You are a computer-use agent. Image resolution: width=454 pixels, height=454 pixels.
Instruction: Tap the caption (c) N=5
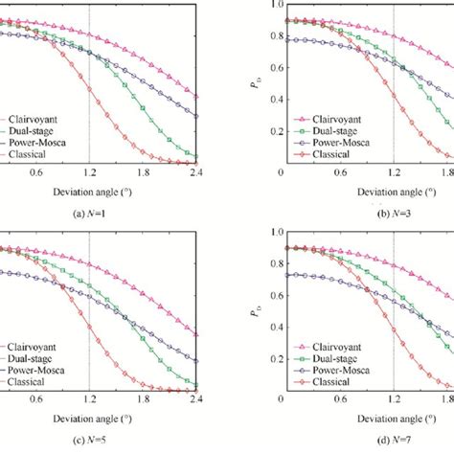(x=87, y=440)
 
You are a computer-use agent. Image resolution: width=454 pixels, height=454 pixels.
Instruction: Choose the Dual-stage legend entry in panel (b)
(x=330, y=125)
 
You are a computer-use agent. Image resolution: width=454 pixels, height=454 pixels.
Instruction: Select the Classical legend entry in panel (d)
(x=327, y=381)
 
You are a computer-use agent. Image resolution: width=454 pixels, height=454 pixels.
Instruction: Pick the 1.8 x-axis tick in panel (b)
(x=447, y=172)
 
